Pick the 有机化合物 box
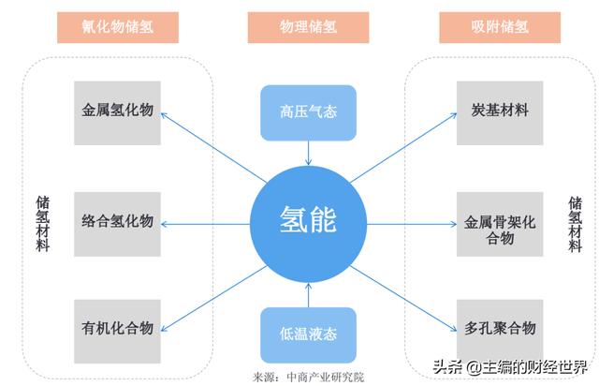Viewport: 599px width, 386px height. [117, 329]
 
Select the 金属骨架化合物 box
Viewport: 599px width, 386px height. [500, 230]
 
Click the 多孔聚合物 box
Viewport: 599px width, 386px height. [500, 329]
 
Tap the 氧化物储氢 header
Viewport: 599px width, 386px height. [118, 28]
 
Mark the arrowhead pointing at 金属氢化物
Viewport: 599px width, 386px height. [164, 115]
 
